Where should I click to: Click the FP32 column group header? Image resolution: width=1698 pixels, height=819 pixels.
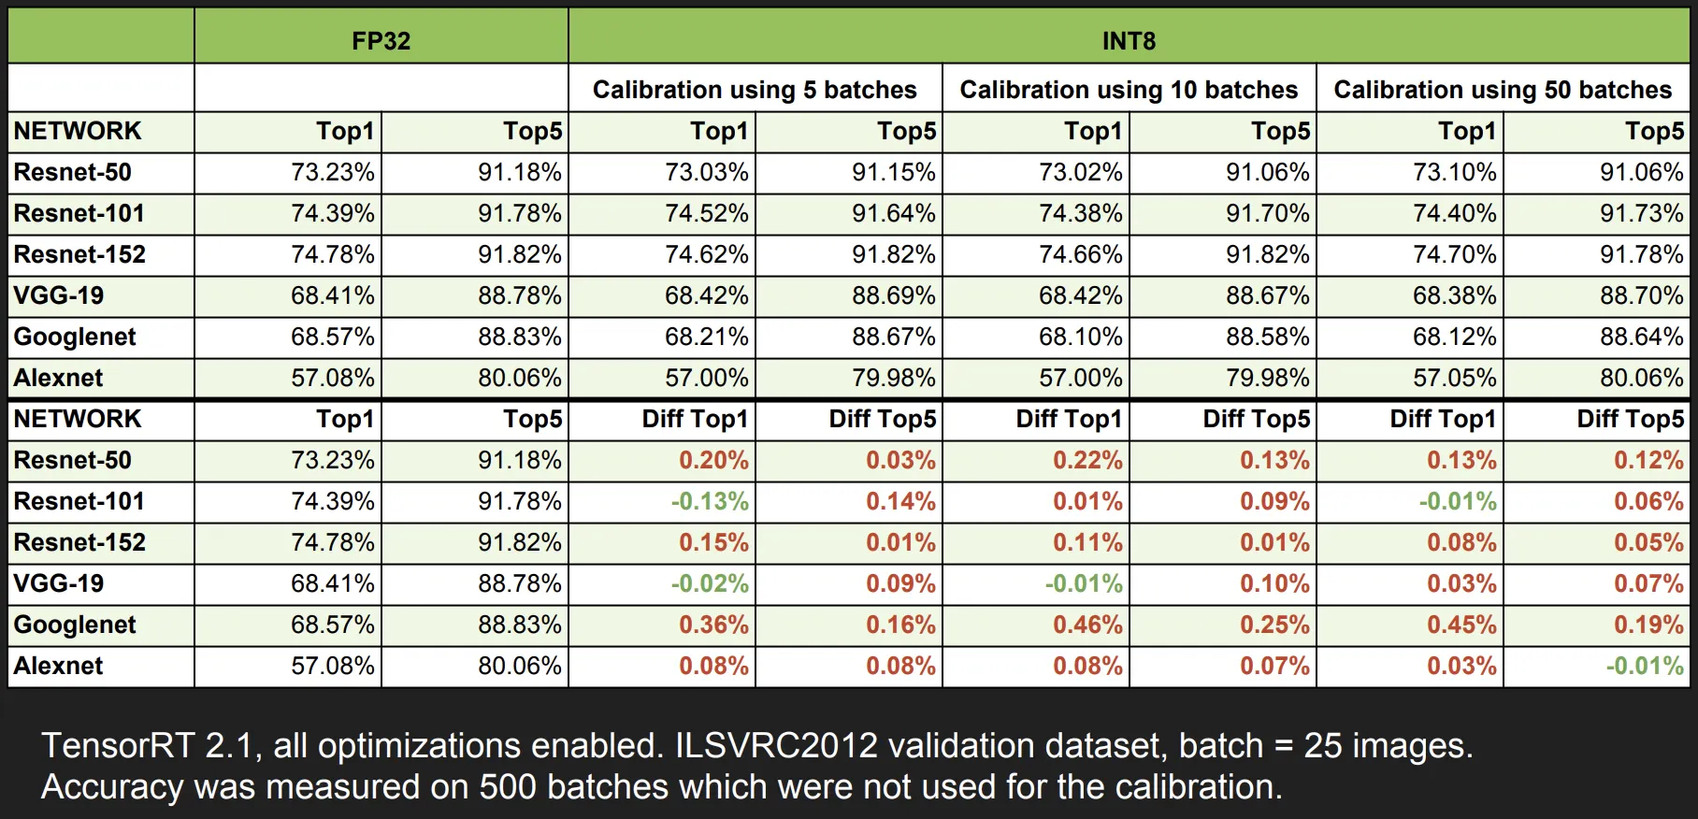381,40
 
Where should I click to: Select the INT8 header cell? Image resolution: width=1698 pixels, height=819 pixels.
1129,40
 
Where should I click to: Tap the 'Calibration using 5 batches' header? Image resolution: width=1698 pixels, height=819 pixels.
755,90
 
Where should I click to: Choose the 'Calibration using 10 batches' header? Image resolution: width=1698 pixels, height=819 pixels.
1129,90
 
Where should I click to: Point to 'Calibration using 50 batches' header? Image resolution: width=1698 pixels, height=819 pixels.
1503,90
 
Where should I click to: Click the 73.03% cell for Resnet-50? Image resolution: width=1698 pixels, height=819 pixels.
707,172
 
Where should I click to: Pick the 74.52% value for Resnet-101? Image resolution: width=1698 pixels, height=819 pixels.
707,213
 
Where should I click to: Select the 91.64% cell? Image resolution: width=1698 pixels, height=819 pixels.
894,213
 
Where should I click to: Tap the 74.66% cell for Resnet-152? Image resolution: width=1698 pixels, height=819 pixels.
1081,254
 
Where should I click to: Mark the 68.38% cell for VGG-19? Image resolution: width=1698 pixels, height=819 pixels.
1455,295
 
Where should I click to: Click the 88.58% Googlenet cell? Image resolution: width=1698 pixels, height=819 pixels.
1268,337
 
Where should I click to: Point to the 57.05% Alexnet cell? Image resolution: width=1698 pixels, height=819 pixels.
1455,378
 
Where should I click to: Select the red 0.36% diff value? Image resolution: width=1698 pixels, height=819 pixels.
713,625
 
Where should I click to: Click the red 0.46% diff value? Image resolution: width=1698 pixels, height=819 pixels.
1087,625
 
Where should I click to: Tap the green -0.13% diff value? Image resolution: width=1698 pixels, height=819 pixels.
710,501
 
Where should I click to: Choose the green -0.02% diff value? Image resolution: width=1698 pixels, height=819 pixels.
710,583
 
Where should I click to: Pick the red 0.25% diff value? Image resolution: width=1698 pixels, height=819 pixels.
1274,625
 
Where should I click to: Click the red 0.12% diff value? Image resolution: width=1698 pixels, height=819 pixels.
1648,460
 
